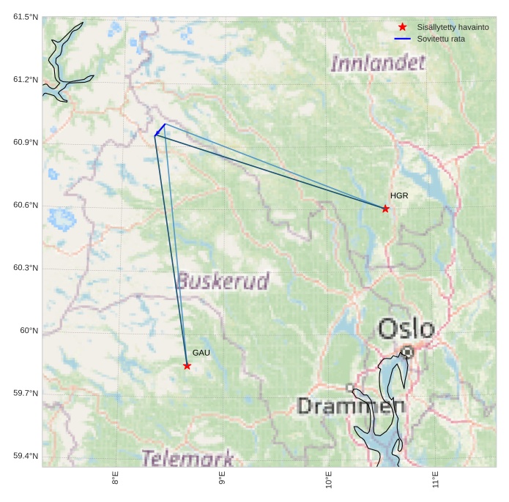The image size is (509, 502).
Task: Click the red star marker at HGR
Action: [386, 209]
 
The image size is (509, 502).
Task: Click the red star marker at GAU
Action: [187, 366]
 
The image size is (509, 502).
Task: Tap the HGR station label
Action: [399, 196]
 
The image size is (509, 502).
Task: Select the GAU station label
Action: [201, 353]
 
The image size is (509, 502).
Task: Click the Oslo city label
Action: [406, 329]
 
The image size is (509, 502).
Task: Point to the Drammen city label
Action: [351, 406]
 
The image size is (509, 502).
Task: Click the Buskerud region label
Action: [223, 281]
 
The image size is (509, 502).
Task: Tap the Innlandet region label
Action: [378, 63]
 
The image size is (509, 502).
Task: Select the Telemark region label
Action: [187, 459]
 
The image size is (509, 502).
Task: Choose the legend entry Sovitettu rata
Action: [441, 38]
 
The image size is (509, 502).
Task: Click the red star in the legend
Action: [402, 27]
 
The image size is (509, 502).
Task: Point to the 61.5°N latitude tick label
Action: [26, 17]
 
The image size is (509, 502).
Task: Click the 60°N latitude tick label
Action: [29, 331]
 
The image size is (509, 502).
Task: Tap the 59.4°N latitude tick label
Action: [26, 457]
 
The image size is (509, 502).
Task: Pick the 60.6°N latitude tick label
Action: [26, 205]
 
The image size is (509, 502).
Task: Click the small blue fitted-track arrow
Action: [159, 131]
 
